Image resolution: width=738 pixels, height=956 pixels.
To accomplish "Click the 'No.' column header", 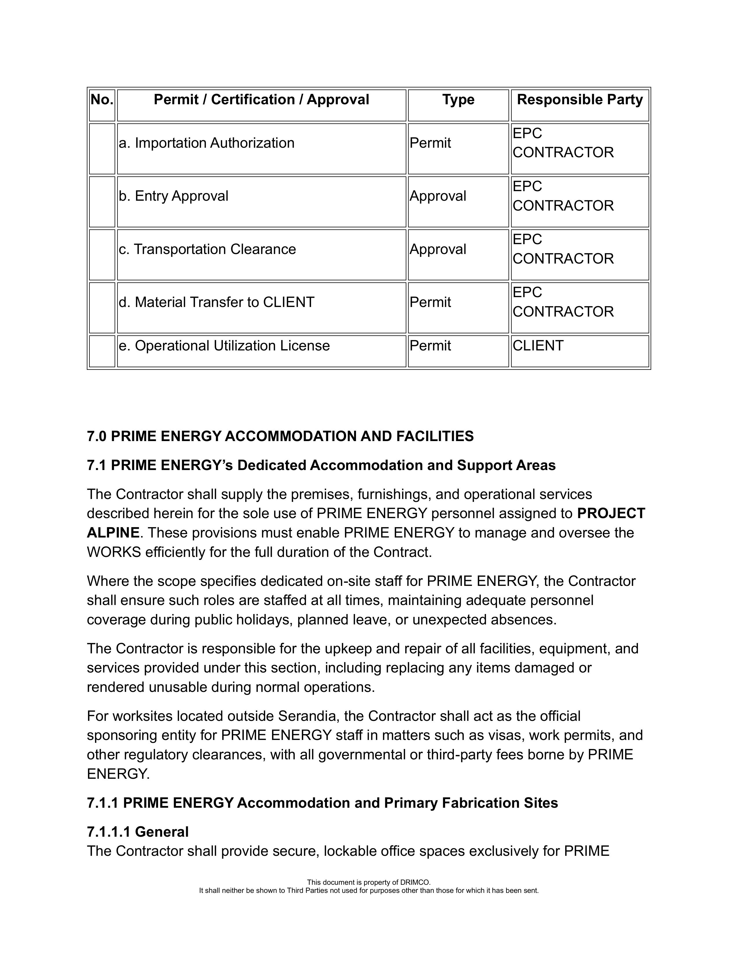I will point(102,100).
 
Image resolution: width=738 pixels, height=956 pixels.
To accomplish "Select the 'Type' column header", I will point(458,100).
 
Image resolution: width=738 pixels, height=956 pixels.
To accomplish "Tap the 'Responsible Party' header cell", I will point(580,100).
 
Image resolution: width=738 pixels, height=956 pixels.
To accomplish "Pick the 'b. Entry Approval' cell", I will point(174,196).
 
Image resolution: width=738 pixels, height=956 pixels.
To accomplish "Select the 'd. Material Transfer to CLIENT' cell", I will point(216,302).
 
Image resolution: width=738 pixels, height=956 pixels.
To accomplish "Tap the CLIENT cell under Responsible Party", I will point(538,346).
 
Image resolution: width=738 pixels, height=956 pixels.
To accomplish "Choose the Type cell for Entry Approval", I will point(438,196).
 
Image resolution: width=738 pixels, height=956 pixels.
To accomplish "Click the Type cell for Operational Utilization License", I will point(430,346).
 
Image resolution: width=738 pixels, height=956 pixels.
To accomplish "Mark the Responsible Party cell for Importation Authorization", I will point(563,143).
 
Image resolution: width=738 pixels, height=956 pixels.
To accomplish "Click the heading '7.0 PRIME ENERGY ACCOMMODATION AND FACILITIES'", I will point(280,436).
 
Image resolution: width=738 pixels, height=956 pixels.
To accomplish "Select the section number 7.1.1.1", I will point(109,832).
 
